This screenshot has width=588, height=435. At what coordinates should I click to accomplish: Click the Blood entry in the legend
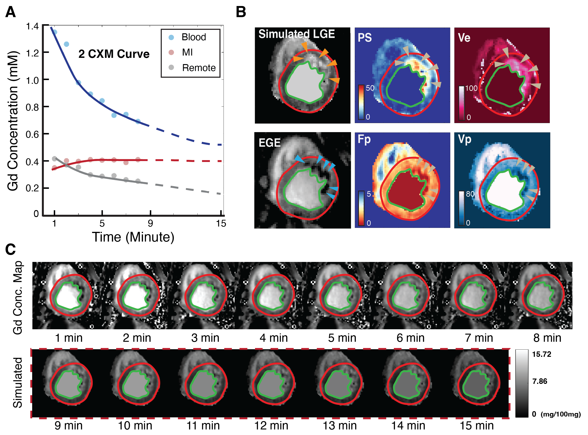tap(193, 37)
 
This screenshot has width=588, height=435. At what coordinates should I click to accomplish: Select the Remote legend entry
tap(199, 68)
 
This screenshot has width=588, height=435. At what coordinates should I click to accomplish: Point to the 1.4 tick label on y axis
tap(32, 26)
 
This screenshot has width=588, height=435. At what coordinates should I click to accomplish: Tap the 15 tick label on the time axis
tap(221, 224)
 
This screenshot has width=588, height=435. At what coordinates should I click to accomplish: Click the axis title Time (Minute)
tap(133, 237)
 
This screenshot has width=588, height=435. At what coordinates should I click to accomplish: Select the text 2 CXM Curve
tap(114, 54)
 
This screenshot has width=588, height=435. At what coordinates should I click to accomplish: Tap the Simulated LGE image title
tap(296, 34)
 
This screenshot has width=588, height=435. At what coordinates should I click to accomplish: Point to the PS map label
tap(365, 38)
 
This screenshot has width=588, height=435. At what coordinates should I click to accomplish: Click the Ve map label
tap(464, 38)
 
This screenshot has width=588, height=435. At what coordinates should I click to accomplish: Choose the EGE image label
tap(269, 143)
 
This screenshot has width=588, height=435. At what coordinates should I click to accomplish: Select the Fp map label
tap(364, 139)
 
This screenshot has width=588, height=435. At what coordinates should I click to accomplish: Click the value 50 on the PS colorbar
tap(370, 88)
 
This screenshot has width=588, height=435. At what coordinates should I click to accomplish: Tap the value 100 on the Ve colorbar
tap(471, 88)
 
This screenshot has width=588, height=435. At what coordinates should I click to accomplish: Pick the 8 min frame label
tap(547, 338)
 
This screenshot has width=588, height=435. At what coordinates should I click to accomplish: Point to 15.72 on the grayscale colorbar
tap(541, 354)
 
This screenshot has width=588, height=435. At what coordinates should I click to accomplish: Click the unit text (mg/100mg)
tap(561, 414)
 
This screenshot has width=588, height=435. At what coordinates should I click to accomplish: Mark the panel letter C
tap(11, 249)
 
